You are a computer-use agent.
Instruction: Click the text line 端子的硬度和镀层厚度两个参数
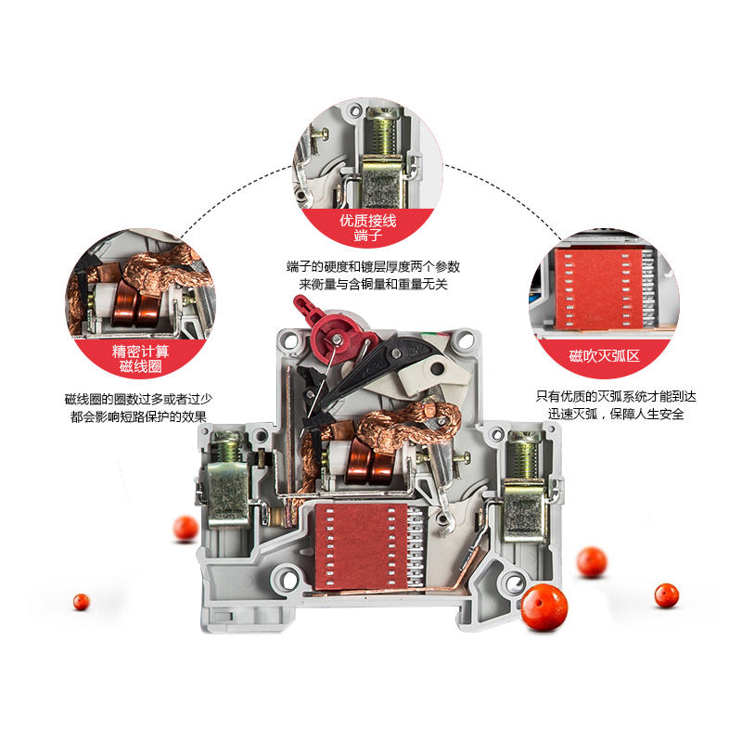point(373,267)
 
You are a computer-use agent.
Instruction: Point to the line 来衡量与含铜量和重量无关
point(373,285)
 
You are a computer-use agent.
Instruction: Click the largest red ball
point(544,608)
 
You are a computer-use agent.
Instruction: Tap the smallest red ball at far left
point(82,601)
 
